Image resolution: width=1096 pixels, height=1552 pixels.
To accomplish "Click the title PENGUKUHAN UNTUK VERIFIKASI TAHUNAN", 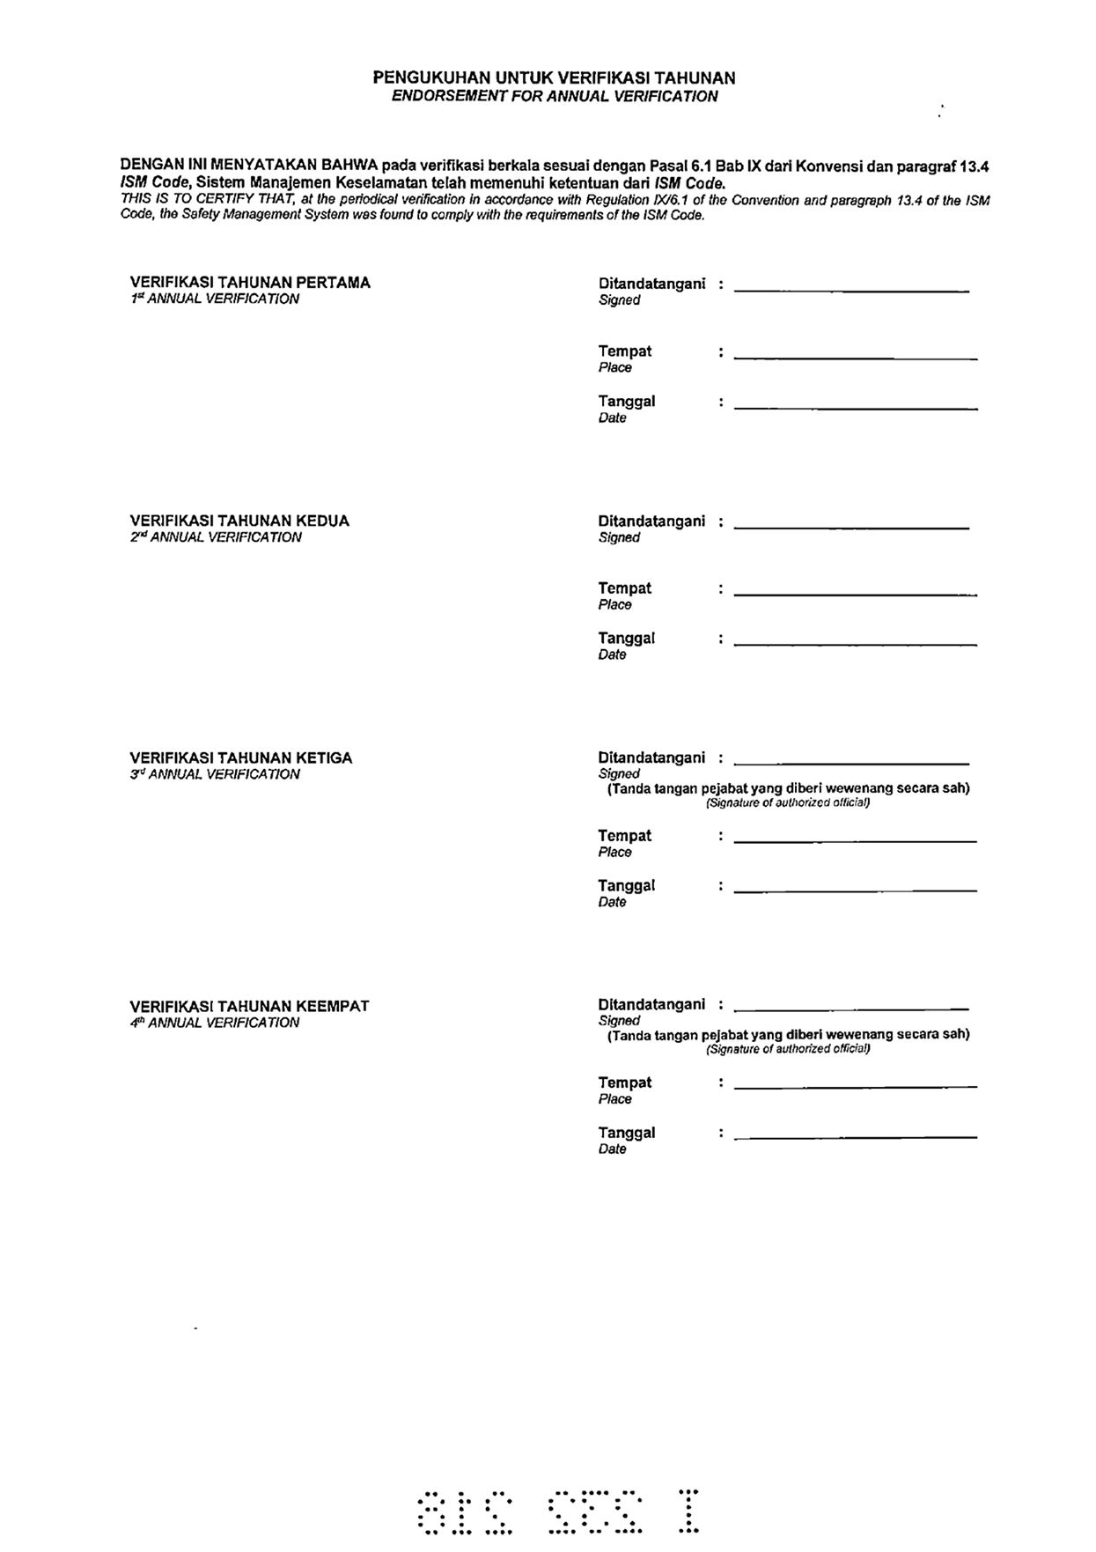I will pyautogui.click(x=554, y=78).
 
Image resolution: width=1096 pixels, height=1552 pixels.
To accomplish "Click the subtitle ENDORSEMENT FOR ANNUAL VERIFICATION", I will pyautogui.click(x=554, y=97).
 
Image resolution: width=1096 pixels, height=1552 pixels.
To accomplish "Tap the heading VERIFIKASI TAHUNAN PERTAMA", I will pyautogui.click(x=250, y=283).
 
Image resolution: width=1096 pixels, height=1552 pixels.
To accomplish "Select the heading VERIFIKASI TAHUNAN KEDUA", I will pyautogui.click(x=239, y=521).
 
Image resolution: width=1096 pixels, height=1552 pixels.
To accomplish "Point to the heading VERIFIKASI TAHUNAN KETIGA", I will pyautogui.click(x=240, y=758).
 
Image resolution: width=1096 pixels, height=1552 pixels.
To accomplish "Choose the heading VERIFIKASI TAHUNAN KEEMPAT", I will pyautogui.click(x=249, y=1006).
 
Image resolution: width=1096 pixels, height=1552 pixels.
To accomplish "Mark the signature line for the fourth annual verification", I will pyautogui.click(x=850, y=1006).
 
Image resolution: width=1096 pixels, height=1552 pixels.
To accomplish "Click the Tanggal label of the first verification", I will pyautogui.click(x=626, y=402).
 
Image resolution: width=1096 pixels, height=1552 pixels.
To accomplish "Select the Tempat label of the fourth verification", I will pyautogui.click(x=624, y=1083).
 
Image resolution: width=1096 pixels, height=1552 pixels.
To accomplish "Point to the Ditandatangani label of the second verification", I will pyautogui.click(x=651, y=521).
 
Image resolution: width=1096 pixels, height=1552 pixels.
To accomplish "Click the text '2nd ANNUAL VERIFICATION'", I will pyautogui.click(x=216, y=537).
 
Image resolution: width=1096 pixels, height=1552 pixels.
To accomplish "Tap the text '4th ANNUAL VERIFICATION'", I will pyautogui.click(x=215, y=1023).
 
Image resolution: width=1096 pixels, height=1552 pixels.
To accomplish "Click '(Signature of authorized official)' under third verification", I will pyautogui.click(x=788, y=802).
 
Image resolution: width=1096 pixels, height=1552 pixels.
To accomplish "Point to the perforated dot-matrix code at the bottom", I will pyautogui.click(x=558, y=1511).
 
